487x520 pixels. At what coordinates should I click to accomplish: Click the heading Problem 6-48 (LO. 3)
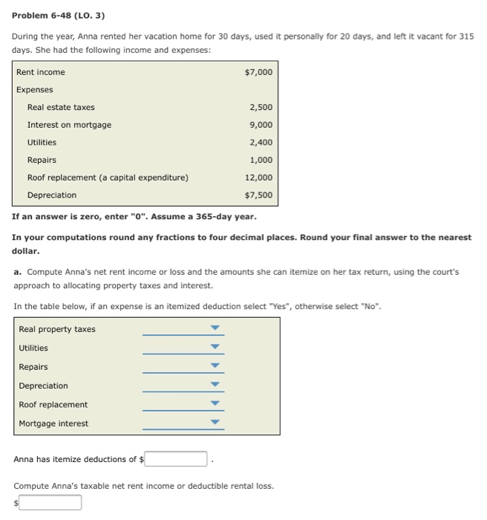tap(59, 15)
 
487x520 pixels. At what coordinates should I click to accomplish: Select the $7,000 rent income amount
tap(258, 72)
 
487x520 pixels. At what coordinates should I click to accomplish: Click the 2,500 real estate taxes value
tap(261, 107)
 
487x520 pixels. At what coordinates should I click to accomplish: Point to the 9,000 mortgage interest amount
tap(261, 125)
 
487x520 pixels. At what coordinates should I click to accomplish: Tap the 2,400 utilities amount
tap(261, 143)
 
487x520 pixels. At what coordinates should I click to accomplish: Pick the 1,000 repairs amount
tap(261, 160)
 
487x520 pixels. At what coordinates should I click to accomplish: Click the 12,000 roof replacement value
tap(258, 178)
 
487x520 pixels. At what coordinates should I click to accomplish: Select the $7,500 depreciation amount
tap(258, 195)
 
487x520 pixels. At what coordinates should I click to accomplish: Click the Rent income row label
tap(41, 72)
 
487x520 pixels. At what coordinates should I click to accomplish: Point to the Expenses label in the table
tap(35, 90)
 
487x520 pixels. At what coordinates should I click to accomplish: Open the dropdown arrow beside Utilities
tap(215, 348)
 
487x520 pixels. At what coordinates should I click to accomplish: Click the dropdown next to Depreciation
tap(215, 386)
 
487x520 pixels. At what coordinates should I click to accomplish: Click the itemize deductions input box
tap(176, 459)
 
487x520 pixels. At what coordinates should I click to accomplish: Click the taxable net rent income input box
tap(50, 503)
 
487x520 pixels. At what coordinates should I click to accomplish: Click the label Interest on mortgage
tap(69, 125)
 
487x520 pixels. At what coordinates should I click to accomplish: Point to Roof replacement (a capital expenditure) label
tap(108, 178)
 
